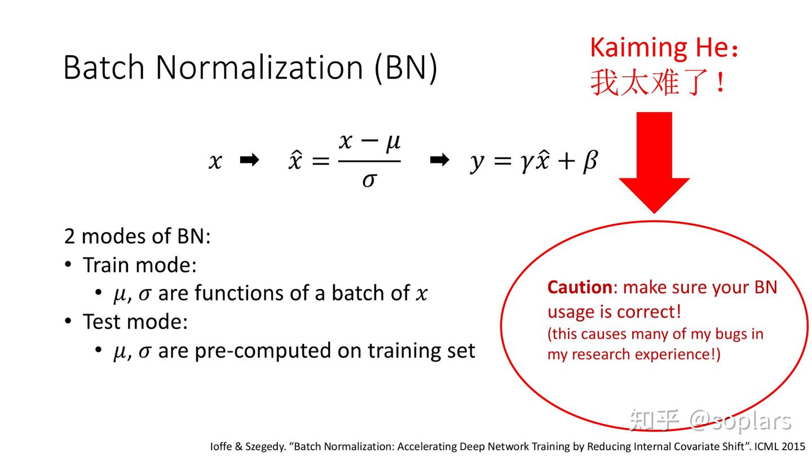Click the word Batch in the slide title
[104, 67]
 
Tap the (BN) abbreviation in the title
[406, 67]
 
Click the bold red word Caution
[580, 287]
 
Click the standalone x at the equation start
[215, 161]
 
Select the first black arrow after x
[249, 161]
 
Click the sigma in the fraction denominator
[369, 180]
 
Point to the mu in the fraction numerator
[392, 142]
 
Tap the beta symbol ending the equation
[589, 161]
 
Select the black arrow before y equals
[439, 161]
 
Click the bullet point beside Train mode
[68, 265]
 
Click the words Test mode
[135, 322]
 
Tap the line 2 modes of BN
[137, 236]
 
